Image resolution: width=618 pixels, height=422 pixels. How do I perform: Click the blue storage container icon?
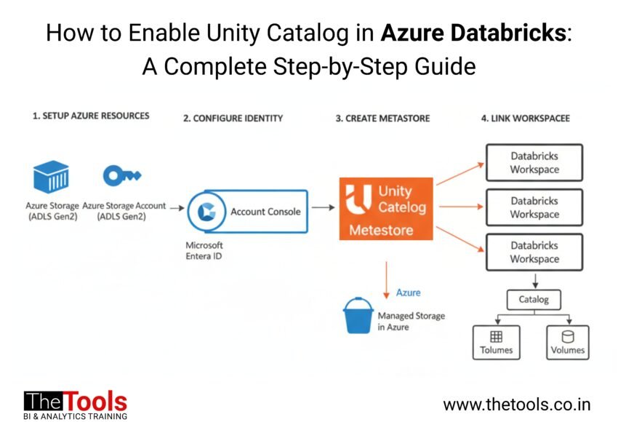[x=51, y=177]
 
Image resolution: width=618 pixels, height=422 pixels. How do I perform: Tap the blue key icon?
[x=121, y=175]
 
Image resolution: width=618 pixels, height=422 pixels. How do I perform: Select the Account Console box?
[x=248, y=211]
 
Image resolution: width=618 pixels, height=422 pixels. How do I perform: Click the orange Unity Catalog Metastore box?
[x=386, y=209]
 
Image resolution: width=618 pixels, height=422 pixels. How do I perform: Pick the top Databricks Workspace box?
[x=534, y=163]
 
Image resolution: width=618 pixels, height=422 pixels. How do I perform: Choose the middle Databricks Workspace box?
[x=534, y=208]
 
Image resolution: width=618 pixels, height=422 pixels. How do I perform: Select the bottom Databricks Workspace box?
[x=534, y=252]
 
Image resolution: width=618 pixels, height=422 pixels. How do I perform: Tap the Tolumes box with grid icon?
[x=497, y=342]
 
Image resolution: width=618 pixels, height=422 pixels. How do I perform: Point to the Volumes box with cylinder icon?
[x=567, y=342]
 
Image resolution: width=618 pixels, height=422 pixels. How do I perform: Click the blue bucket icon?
[x=358, y=316]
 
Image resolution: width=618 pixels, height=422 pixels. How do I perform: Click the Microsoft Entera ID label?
[x=204, y=250]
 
